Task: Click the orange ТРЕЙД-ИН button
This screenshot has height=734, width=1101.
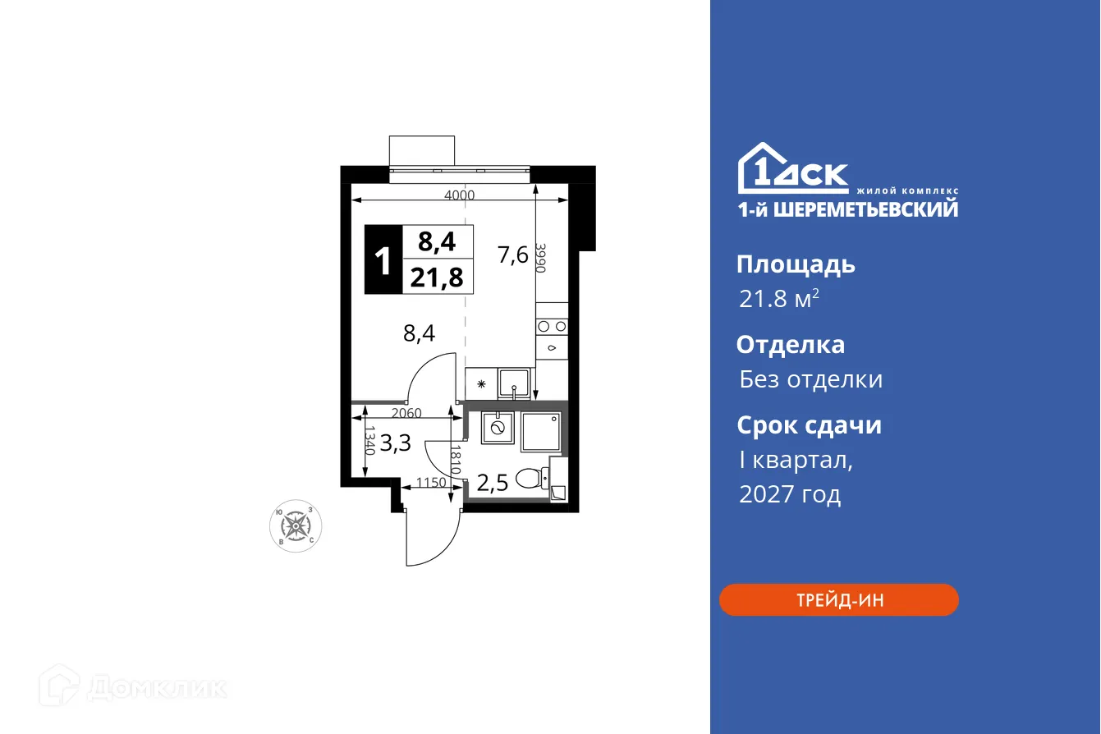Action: (x=838, y=600)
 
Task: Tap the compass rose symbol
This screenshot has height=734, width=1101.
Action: (x=296, y=525)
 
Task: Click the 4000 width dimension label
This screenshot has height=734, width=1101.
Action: (x=459, y=195)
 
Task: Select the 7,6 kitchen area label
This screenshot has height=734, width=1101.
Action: (x=512, y=255)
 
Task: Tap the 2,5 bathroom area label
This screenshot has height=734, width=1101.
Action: (x=493, y=482)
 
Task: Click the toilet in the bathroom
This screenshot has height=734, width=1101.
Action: (x=532, y=478)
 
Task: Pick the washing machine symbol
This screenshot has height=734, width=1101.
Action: (x=497, y=428)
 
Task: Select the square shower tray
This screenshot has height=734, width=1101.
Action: (x=542, y=432)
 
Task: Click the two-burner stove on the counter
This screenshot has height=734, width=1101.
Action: (x=551, y=326)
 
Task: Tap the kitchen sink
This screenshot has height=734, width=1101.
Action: (x=515, y=383)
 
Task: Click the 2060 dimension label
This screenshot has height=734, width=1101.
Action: (x=406, y=413)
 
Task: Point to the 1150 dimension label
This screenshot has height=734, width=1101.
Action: (x=431, y=483)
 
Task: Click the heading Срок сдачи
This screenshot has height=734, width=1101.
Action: (x=809, y=425)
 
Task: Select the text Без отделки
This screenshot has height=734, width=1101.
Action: (x=810, y=379)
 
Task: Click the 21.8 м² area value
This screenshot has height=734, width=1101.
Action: (x=778, y=299)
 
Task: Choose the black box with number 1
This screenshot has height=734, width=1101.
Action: (x=383, y=260)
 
